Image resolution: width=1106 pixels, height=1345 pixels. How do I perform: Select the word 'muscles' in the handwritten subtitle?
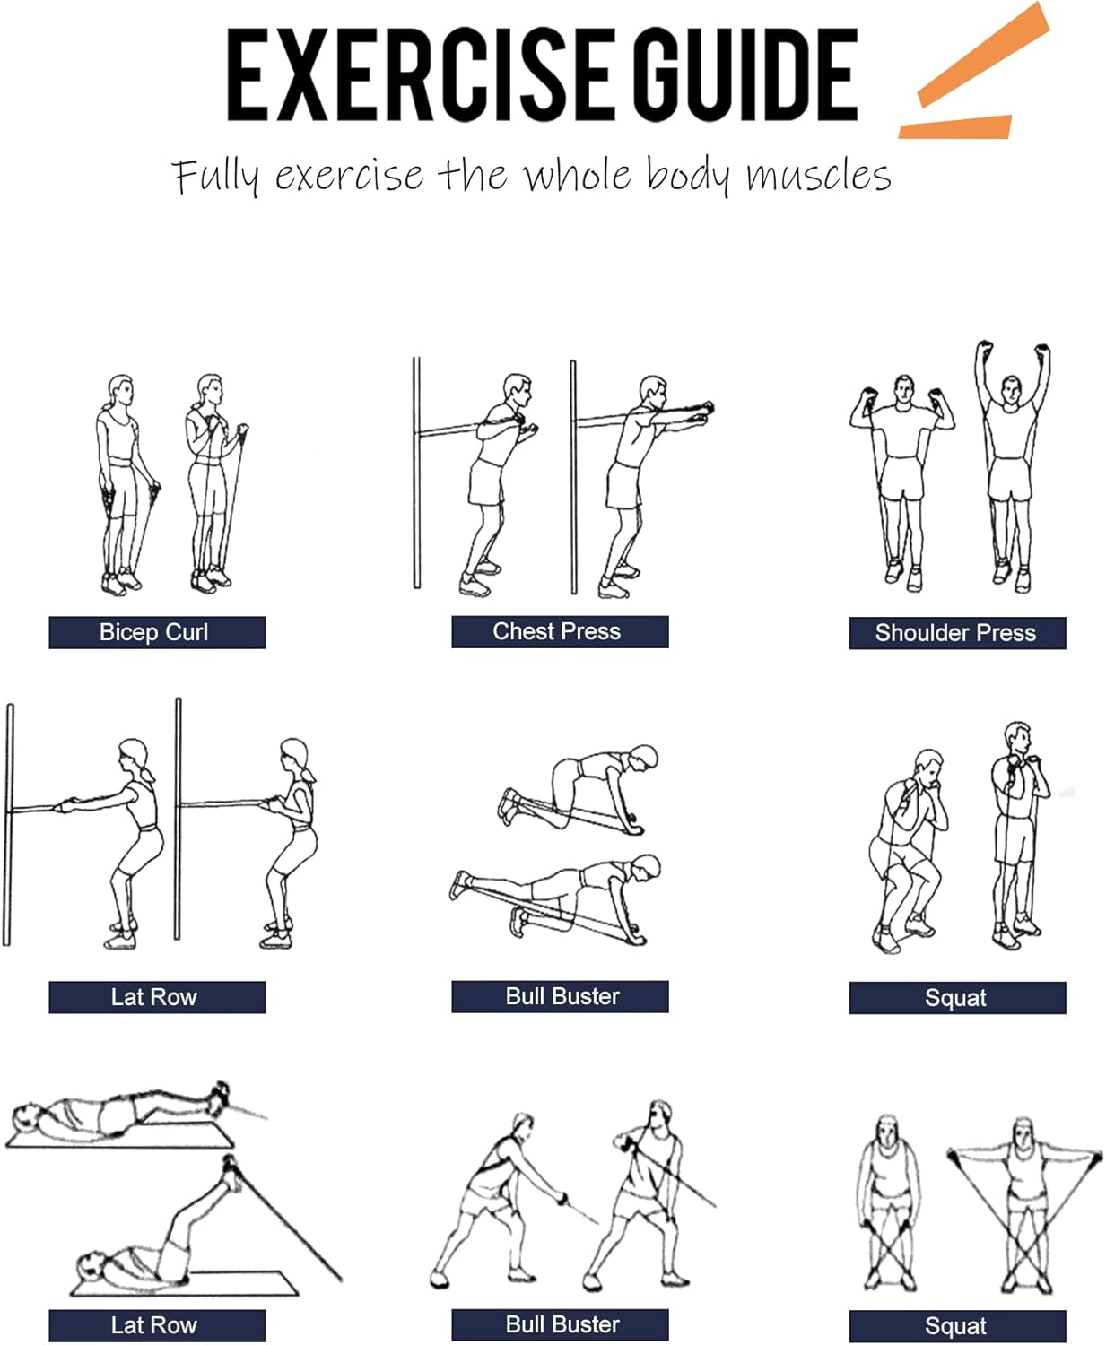click(818, 176)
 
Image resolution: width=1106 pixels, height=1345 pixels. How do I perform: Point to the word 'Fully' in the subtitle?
click(215, 176)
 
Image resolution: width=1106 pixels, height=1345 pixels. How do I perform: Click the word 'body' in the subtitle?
click(687, 176)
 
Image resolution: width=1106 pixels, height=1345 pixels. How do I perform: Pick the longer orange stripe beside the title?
click(983, 54)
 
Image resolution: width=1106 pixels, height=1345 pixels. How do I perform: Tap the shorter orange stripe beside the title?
click(954, 126)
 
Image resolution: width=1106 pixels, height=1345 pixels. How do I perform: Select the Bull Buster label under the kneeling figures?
click(560, 996)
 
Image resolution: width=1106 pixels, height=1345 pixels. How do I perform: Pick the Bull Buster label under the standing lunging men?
click(560, 1324)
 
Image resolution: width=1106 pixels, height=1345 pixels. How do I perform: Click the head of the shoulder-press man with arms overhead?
click(1011, 390)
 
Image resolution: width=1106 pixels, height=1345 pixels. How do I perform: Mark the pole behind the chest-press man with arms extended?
click(573, 477)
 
